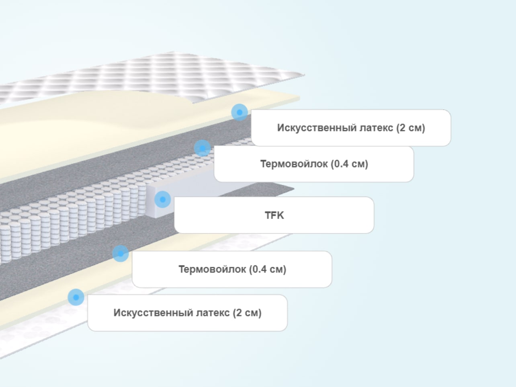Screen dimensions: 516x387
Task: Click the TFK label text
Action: (274, 215)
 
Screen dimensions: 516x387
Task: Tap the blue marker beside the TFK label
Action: (162, 199)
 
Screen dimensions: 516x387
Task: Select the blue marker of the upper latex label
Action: (239, 112)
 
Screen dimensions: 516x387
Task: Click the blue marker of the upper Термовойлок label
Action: (203, 148)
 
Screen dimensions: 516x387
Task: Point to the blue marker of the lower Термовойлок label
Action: (121, 254)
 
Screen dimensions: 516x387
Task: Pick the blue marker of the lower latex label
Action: (76, 297)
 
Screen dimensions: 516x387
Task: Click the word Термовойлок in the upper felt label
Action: (294, 164)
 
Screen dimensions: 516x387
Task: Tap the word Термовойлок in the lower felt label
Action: (212, 269)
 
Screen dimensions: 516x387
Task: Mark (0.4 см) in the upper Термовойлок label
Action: (350, 164)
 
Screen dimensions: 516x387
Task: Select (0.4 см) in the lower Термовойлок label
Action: (268, 269)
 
